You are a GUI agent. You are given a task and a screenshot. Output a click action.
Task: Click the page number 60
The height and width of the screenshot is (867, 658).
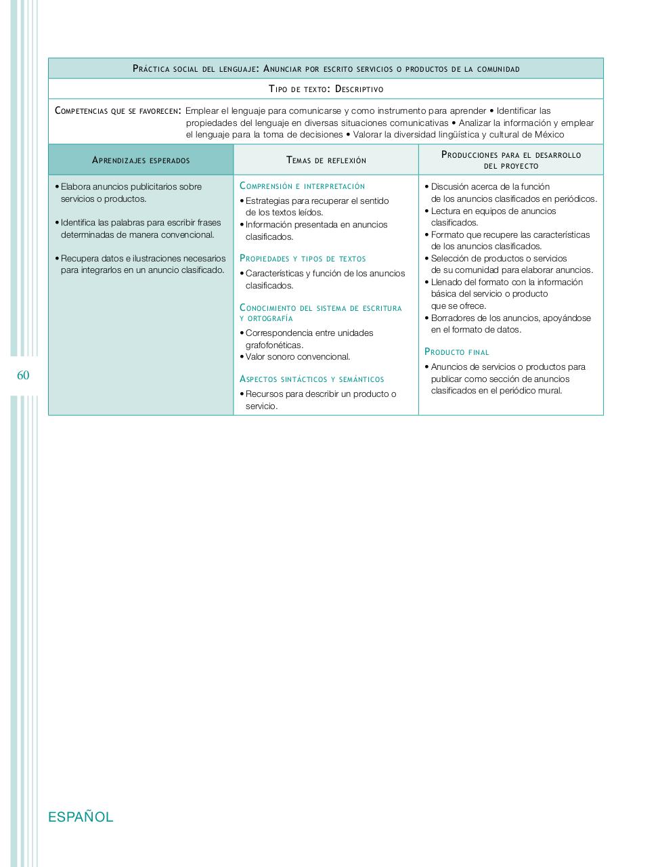tap(24, 375)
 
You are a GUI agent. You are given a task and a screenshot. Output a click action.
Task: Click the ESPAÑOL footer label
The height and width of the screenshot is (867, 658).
tap(81, 817)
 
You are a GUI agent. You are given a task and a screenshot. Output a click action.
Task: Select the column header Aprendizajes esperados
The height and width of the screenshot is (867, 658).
tap(141, 161)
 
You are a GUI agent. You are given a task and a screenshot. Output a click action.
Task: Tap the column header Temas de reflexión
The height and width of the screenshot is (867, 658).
tap(326, 161)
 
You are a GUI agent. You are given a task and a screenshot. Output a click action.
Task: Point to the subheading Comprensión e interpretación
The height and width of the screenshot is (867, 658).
tap(302, 186)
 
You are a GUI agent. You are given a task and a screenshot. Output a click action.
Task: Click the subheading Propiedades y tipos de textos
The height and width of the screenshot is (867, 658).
tap(303, 259)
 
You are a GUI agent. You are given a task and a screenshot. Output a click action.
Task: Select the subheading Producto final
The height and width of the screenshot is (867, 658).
tap(456, 352)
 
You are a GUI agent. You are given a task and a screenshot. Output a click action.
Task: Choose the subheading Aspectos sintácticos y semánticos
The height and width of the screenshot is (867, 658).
tap(311, 379)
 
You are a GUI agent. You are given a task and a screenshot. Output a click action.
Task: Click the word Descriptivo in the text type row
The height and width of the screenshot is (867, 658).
tap(359, 89)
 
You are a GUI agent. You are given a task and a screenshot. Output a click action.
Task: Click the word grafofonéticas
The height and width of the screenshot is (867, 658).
tap(274, 345)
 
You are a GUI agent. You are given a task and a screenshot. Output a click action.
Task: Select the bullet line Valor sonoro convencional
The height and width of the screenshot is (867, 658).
tap(298, 357)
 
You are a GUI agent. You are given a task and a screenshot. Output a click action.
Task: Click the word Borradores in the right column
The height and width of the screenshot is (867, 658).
tap(453, 318)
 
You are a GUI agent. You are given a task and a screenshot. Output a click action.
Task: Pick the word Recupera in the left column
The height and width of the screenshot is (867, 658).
tap(80, 258)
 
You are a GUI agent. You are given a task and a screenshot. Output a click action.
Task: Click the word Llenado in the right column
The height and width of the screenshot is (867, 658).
tap(447, 282)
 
